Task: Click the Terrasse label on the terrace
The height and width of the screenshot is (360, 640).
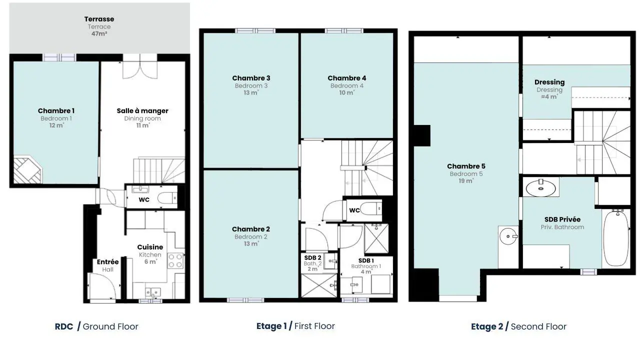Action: coord(99,19)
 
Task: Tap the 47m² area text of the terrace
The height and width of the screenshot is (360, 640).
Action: coord(99,33)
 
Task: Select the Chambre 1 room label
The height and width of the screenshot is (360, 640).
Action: coord(56,111)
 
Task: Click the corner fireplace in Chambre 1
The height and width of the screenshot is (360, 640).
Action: coord(27,169)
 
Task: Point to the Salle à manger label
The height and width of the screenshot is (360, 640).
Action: coord(142,111)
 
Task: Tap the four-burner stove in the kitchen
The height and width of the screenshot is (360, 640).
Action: coord(175,260)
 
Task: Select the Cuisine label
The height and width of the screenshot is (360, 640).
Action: coord(150,247)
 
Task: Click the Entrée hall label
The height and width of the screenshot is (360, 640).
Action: coord(107,262)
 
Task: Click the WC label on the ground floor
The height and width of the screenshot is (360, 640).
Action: coord(144,200)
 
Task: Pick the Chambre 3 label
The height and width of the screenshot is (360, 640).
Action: coord(251,78)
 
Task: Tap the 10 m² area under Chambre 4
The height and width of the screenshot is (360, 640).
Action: coord(346,92)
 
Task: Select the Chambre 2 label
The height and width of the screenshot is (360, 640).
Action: coord(251,229)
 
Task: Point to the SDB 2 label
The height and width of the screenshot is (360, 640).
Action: coord(312,258)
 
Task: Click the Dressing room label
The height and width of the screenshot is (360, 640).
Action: coord(549,82)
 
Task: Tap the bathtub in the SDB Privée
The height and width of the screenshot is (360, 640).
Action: coord(616,238)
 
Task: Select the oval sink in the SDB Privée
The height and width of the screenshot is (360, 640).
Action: coord(540,188)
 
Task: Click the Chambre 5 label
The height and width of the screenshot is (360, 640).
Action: coord(466,166)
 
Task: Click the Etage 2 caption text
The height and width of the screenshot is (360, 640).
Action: coord(487,326)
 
